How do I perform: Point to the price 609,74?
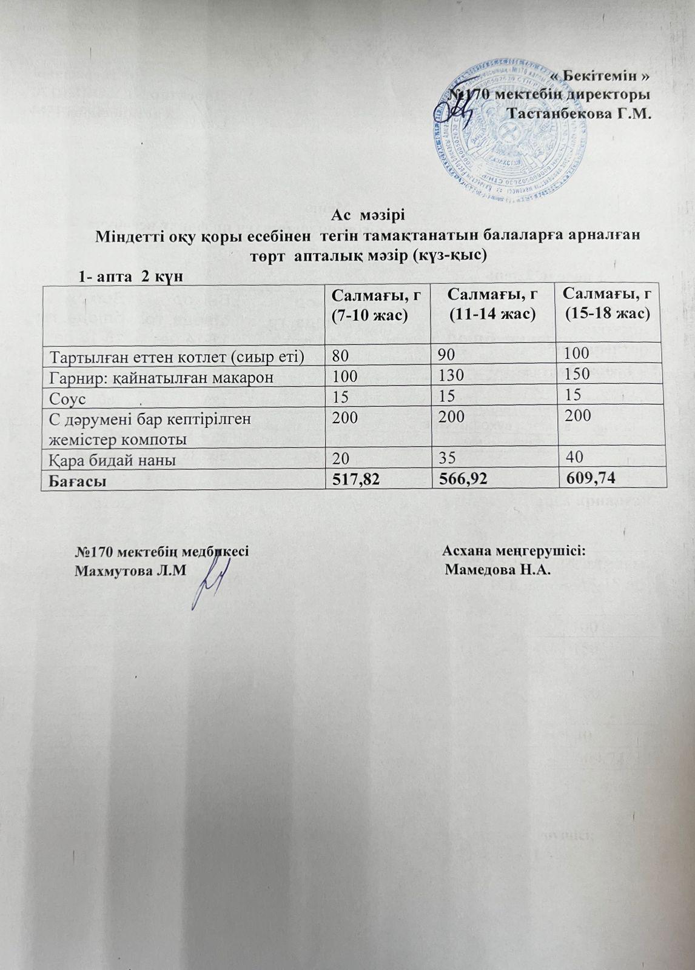(589, 479)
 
